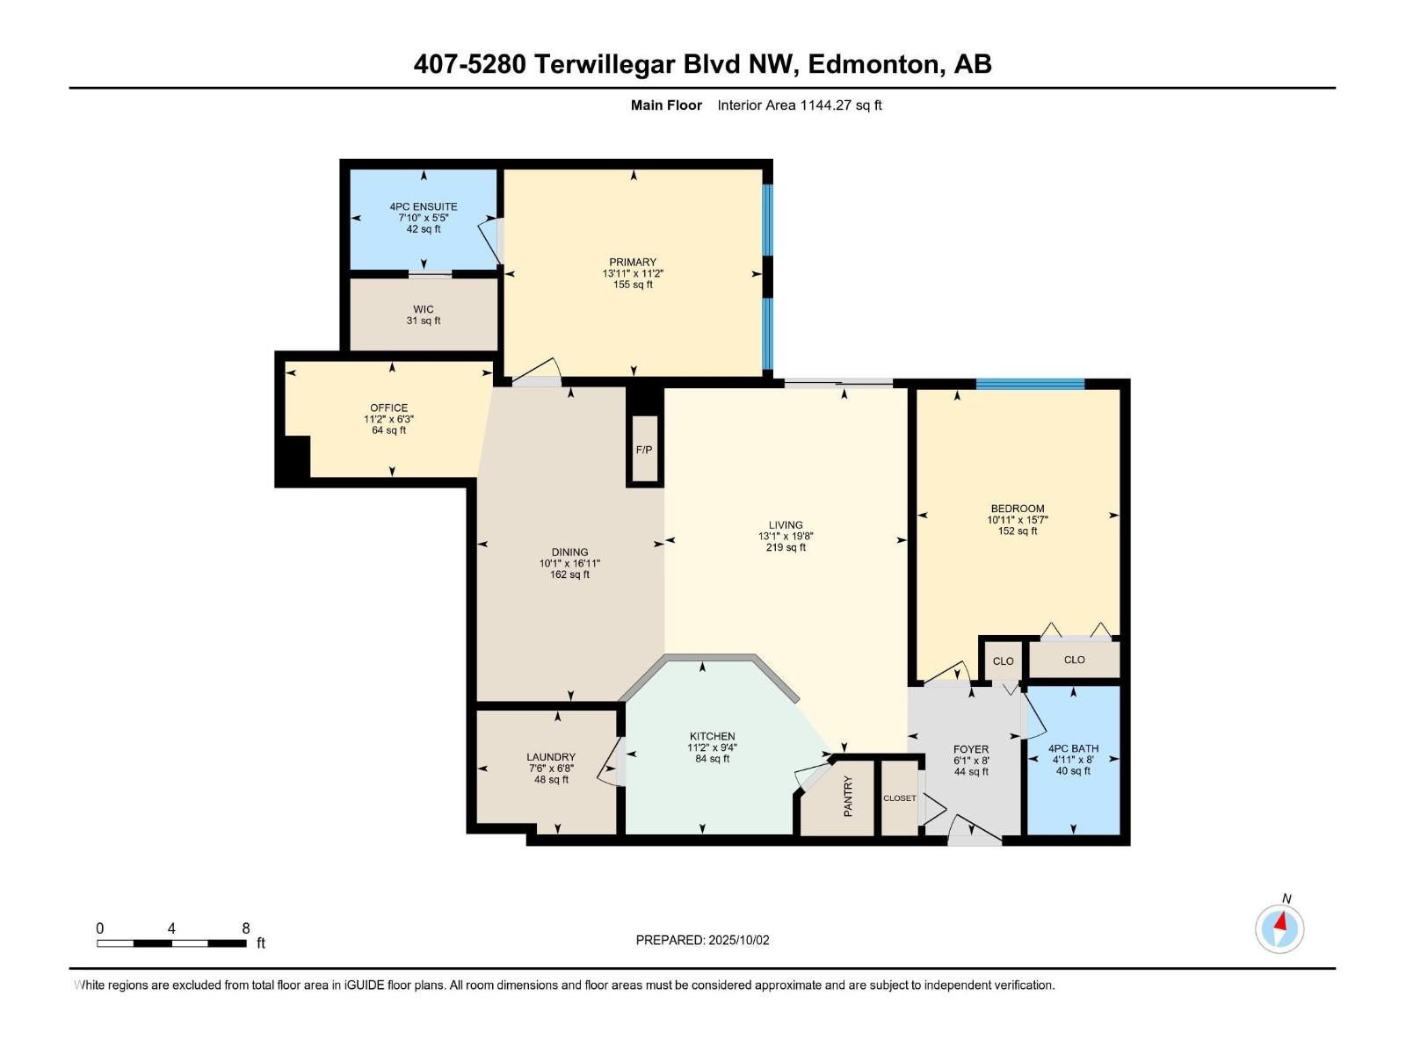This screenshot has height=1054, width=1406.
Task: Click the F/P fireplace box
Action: tap(644, 449)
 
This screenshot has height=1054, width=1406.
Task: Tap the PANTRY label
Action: tap(848, 796)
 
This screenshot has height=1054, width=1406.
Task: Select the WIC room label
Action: tap(424, 309)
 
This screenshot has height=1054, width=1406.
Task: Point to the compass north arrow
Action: tap(1280, 922)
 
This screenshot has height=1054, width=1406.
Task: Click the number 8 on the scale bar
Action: tap(246, 928)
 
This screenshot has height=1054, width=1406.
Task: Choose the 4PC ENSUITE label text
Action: tap(424, 206)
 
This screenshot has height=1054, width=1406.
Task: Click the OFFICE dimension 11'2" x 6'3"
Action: tap(388, 419)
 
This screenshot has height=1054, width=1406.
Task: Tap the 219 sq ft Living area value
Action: tap(786, 548)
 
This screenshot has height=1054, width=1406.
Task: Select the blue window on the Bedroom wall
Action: tap(1030, 384)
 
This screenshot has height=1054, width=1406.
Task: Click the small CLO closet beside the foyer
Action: tap(1004, 661)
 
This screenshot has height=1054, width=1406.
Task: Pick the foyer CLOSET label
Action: tap(899, 798)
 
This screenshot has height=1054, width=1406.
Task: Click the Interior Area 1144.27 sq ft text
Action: tap(800, 105)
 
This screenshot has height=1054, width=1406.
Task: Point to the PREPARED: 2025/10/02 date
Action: tap(703, 940)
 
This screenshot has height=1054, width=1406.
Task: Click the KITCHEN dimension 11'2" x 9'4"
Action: tap(713, 747)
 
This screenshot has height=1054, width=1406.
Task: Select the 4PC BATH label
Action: tap(1074, 748)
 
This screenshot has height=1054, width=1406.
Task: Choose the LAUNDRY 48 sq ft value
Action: tap(551, 779)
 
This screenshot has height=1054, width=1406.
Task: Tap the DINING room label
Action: tap(569, 552)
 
